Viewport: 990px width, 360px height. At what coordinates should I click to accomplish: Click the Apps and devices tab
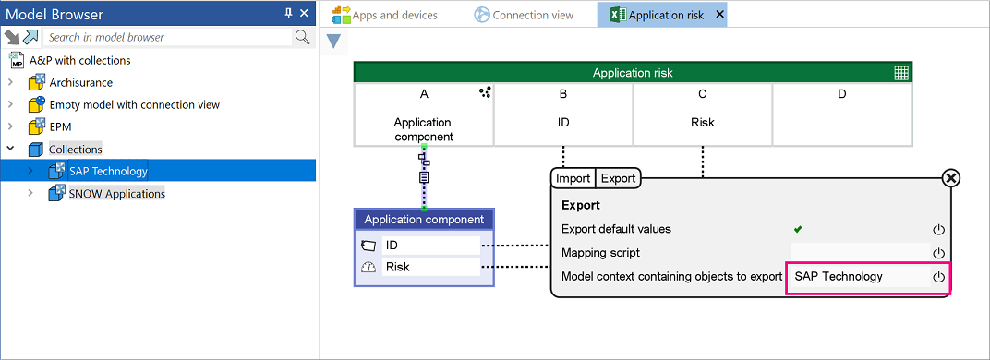(x=385, y=15)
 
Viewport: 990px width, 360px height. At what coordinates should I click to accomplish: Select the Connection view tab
(x=524, y=15)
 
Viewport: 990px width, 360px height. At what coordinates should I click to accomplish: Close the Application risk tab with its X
(x=719, y=15)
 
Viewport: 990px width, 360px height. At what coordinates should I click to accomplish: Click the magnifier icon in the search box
(x=302, y=37)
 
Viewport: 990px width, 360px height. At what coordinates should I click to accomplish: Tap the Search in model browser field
(x=168, y=37)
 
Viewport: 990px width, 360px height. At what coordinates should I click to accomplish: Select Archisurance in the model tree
(x=81, y=82)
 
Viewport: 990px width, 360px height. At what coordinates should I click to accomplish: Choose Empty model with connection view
(x=135, y=104)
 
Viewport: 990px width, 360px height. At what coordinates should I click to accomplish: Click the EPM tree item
(x=60, y=126)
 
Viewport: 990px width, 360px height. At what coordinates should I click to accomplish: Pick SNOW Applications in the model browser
(x=116, y=193)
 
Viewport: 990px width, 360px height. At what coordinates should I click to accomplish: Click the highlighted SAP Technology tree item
(x=108, y=171)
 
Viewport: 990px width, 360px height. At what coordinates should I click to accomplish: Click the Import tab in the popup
(x=573, y=179)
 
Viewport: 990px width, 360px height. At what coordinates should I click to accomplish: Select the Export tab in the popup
(x=618, y=179)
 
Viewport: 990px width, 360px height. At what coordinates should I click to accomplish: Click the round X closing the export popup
(x=950, y=179)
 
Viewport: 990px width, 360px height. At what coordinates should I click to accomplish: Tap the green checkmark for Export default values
(x=798, y=229)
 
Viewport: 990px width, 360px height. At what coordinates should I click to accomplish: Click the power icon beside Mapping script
(x=938, y=253)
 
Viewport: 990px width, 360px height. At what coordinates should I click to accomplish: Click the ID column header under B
(x=563, y=122)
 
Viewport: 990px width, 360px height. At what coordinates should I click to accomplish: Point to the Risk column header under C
(x=702, y=122)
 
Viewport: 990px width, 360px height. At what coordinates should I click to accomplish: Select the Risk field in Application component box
(x=431, y=267)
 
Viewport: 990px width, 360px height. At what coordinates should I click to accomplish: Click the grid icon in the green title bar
(x=901, y=73)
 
